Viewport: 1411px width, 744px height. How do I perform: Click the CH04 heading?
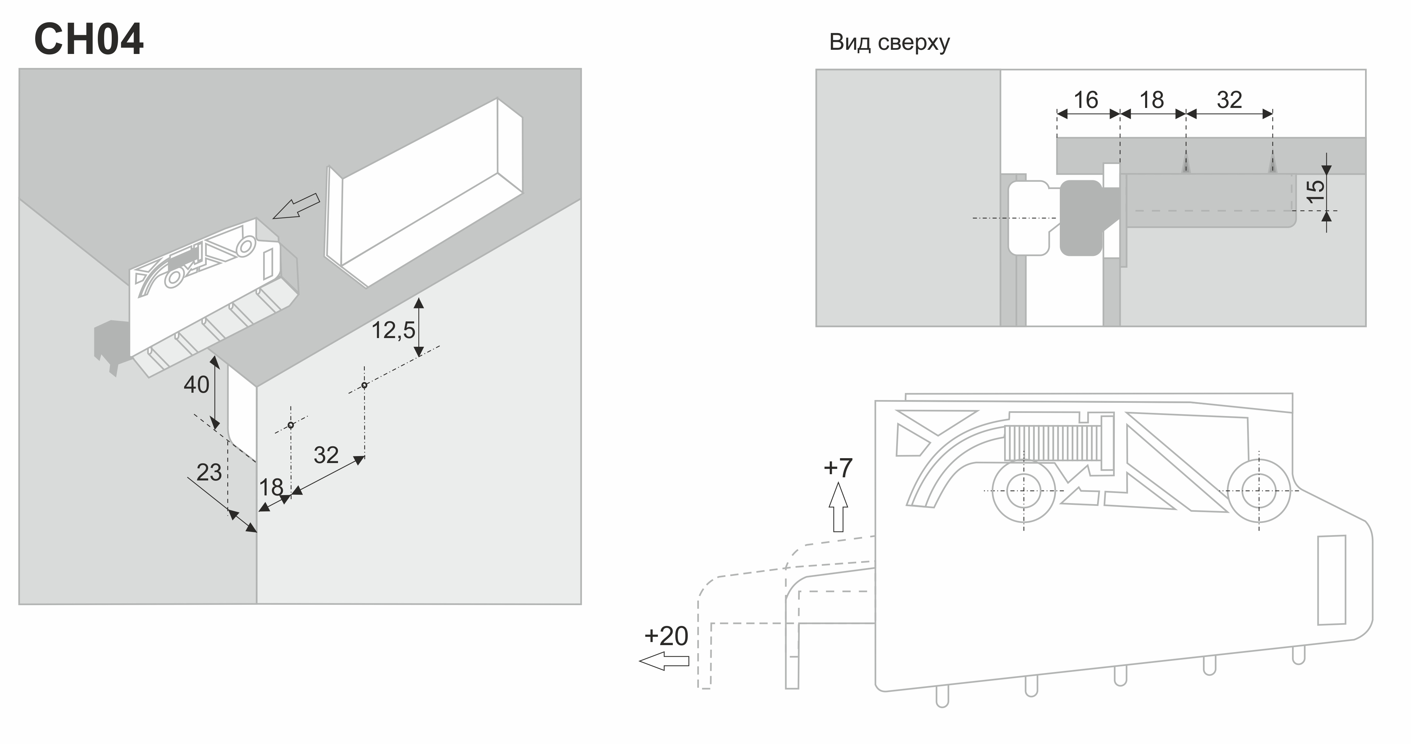pyautogui.click(x=89, y=39)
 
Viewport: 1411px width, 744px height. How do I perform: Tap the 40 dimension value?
pyautogui.click(x=196, y=385)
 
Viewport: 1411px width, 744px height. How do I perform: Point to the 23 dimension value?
pyautogui.click(x=209, y=472)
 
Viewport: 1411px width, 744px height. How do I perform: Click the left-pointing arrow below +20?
pyautogui.click(x=664, y=661)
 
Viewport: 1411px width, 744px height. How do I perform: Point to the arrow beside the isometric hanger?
pyautogui.click(x=296, y=206)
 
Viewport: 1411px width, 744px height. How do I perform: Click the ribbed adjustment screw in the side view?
pyautogui.click(x=1052, y=443)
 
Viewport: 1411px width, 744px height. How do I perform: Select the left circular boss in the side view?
pyautogui.click(x=1023, y=491)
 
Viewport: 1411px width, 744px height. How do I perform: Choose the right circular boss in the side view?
pyautogui.click(x=1259, y=491)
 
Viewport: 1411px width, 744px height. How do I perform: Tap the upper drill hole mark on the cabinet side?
pyautogui.click(x=364, y=385)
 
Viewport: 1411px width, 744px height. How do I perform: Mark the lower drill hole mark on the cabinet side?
pyautogui.click(x=291, y=425)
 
